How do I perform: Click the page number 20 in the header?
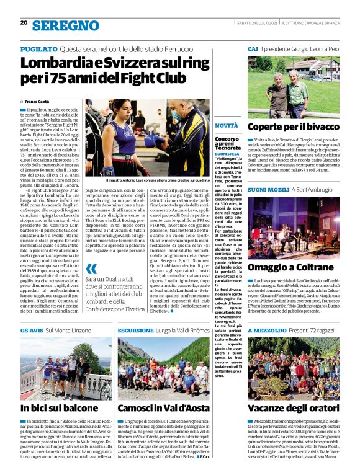24,23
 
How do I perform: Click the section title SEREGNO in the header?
65,25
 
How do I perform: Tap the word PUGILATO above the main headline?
38,49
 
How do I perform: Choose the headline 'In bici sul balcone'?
59,408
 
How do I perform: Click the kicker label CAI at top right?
253,48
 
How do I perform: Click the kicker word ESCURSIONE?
135,331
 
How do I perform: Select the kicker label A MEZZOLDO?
266,331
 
